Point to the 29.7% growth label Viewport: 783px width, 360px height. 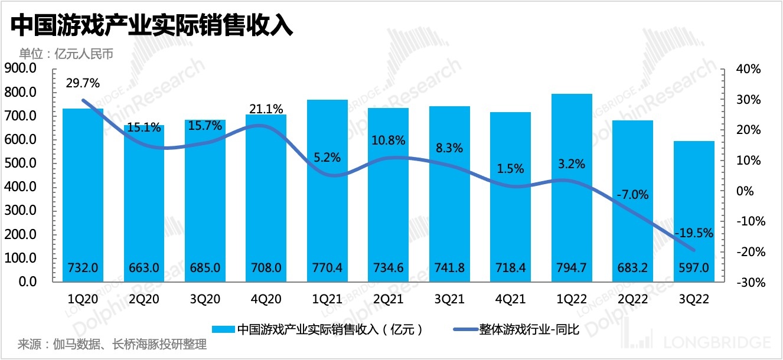point(83,83)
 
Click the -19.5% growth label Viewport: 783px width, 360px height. point(694,234)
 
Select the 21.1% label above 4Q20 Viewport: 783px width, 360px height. point(266,109)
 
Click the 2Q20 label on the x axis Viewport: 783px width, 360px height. point(144,299)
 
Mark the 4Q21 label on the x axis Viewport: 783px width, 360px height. point(510,299)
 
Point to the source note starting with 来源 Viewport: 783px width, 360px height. point(112,345)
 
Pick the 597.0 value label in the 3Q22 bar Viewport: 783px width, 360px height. point(694,267)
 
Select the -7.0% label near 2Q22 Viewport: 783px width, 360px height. point(633,194)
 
